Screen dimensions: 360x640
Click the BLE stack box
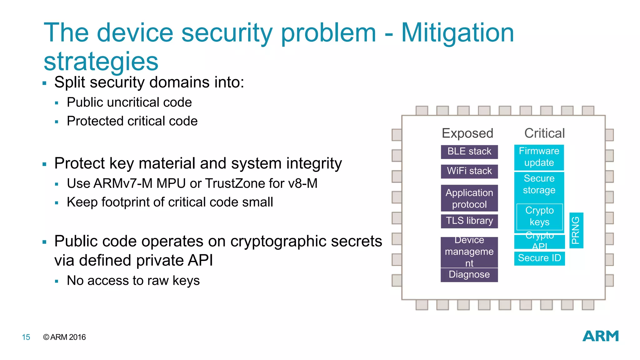click(x=469, y=152)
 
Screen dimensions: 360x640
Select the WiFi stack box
click(x=469, y=171)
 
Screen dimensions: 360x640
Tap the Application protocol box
click(x=469, y=198)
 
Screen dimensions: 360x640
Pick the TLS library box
click(x=469, y=221)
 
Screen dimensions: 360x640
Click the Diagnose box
click(x=469, y=275)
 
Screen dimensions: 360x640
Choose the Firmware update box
click(x=539, y=157)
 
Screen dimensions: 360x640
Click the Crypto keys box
click(x=539, y=216)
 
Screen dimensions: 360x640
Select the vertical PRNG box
click(x=576, y=230)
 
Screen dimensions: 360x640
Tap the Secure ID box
click(x=539, y=258)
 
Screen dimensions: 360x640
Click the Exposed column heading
click(x=467, y=133)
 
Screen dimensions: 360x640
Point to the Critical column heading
click(x=544, y=133)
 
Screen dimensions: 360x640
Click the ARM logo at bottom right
click(x=600, y=336)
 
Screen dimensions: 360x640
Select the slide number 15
click(x=26, y=337)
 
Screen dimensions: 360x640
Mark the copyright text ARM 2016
click(x=64, y=337)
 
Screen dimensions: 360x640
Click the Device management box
click(x=469, y=252)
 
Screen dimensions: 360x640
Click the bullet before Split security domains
click(x=44, y=83)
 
